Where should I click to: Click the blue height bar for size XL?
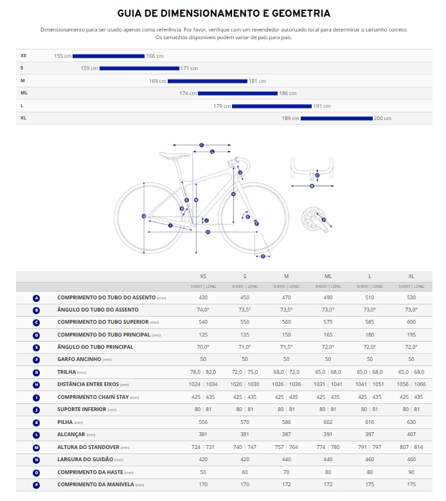[337, 118]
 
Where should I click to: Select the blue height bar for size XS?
[109, 56]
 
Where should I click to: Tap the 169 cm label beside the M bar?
[157, 81]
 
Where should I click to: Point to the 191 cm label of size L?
[322, 106]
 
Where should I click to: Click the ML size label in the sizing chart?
[24, 93]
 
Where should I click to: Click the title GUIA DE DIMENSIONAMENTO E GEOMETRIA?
[224, 13]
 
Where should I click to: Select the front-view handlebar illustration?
[312, 168]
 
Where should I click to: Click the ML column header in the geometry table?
[328, 276]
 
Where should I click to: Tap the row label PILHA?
[66, 422]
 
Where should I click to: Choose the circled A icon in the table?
[36, 298]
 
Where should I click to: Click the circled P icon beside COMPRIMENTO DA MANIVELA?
[36, 484]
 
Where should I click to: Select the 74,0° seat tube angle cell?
[204, 310]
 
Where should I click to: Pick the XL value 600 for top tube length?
[411, 322]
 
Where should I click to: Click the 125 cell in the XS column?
[204, 335]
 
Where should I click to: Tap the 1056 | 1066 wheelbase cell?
[411, 385]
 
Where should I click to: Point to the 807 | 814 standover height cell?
[411, 447]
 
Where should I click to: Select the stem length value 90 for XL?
[411, 472]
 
